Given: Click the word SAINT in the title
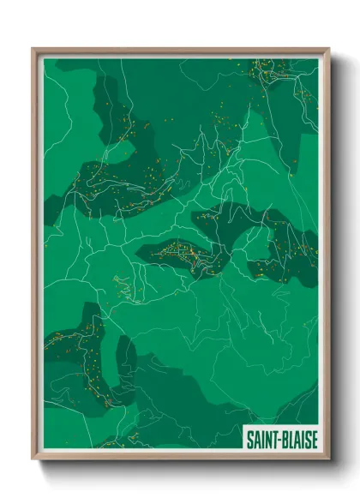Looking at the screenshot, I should click(261, 440).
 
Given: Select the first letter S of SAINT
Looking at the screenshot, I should click(249, 440).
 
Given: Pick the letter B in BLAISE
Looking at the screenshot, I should click(283, 440).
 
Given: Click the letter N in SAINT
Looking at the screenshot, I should click(267, 440).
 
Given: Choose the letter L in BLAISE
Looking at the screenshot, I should click(290, 440).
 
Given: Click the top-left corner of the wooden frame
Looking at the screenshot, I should click(33, 49).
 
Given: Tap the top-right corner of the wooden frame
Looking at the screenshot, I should click(328, 49).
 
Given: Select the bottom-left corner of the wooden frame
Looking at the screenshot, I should click(33, 459).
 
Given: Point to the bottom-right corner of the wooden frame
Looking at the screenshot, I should click(328, 459).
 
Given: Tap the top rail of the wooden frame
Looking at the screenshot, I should click(180, 51).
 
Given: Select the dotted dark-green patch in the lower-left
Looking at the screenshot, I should click(73, 343).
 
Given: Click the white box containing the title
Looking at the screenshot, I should click(280, 440).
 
